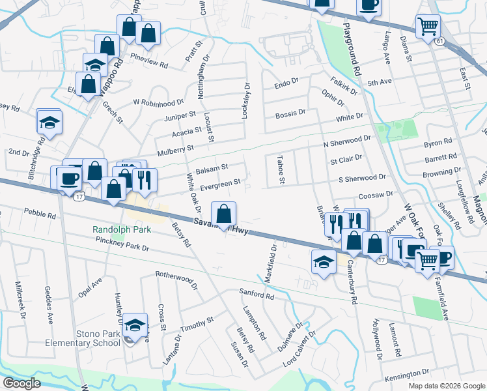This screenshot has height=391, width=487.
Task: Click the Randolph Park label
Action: point(122,229)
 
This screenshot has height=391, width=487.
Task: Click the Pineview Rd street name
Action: point(150,66)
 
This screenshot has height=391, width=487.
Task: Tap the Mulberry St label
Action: point(173,149)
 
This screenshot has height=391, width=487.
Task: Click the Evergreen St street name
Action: point(221,183)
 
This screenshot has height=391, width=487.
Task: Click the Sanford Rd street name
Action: point(257,295)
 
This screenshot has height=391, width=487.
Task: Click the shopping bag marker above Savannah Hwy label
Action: point(223,214)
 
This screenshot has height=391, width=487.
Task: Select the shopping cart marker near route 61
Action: point(428,27)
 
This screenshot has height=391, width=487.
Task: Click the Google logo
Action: point(21,383)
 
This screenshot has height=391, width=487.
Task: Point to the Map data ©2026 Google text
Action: point(446,386)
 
